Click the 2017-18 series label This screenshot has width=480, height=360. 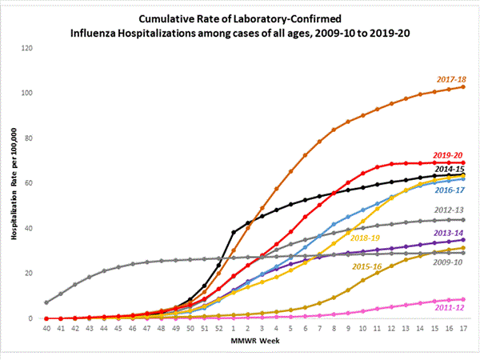coord(451,79)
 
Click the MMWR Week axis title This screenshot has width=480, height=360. coord(254,343)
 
